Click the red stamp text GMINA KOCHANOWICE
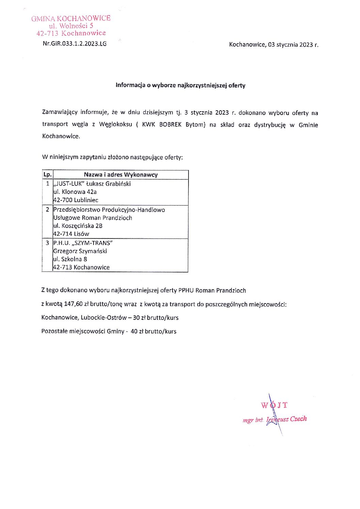tap(71, 18)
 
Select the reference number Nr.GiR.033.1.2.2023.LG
tap(75, 44)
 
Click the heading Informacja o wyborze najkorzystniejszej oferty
tap(180, 85)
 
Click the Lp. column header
tap(48, 175)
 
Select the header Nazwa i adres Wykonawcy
tap(121, 175)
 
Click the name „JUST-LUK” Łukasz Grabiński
tap(92, 184)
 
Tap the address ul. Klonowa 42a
tap(75, 192)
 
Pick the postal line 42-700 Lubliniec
tap(76, 200)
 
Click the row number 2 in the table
tap(47, 210)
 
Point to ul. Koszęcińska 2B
tap(78, 226)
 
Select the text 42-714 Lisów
tap(71, 234)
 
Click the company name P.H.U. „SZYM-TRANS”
tap(83, 243)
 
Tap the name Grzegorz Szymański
tap(80, 251)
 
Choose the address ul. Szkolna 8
tap(70, 259)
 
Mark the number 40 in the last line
tap(134, 331)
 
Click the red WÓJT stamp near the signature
tap(274, 405)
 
